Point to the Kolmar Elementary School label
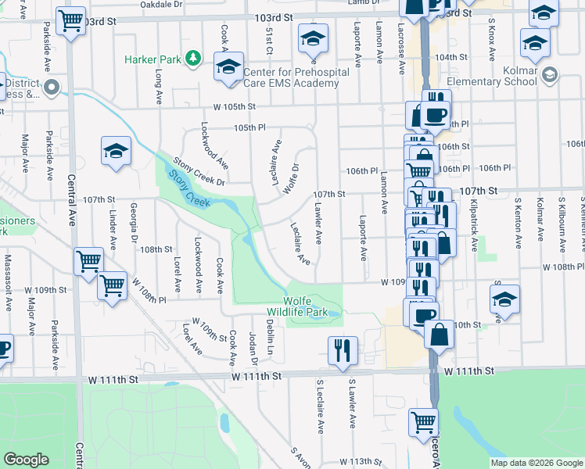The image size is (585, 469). click(504, 81)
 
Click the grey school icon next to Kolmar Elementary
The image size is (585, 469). click(549, 74)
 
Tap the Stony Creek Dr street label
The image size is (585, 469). click(199, 172)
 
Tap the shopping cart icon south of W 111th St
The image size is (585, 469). click(423, 421)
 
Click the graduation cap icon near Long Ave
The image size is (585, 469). click(116, 150)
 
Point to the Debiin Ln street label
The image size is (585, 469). click(268, 335)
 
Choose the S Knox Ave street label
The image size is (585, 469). click(492, 40)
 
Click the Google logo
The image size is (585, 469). click(26, 460)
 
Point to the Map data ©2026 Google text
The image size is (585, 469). click(536, 463)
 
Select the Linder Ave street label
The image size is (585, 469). click(113, 229)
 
